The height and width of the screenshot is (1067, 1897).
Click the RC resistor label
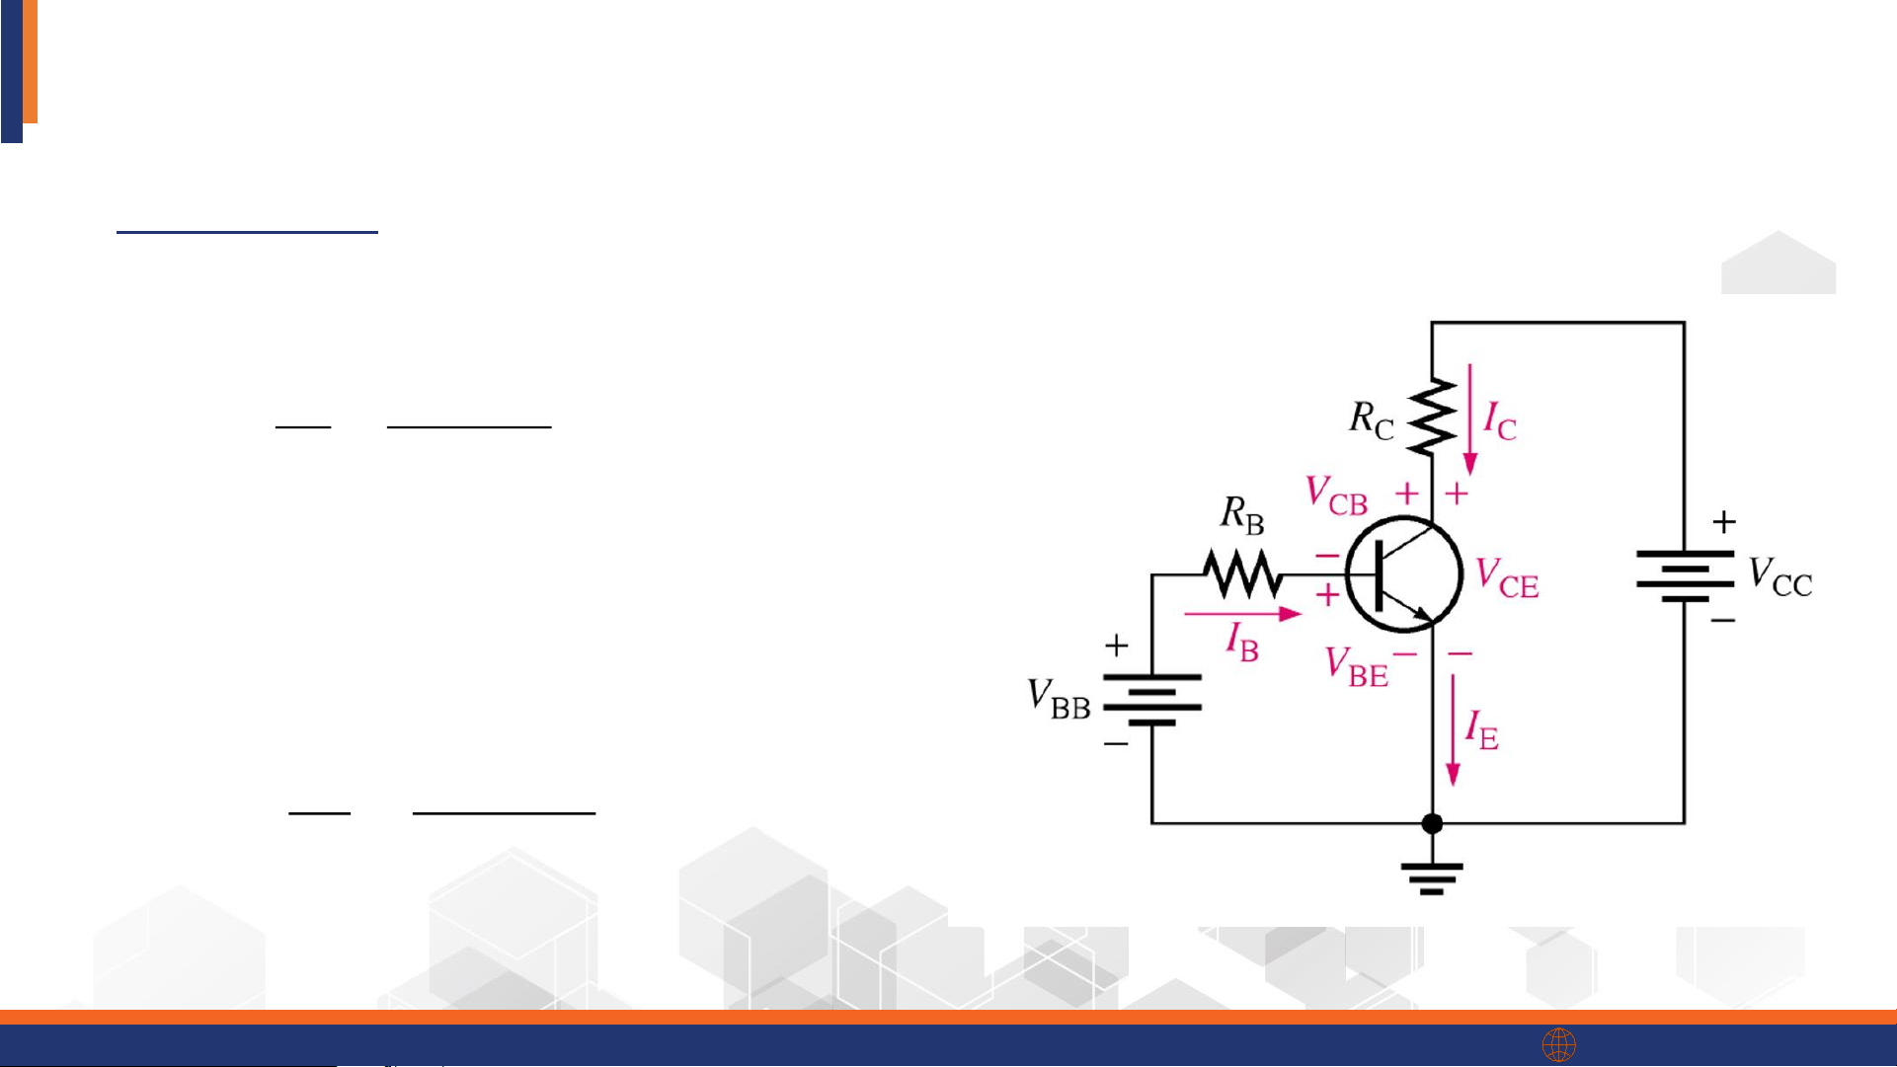(1372, 419)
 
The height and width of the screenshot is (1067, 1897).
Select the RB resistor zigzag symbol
(1242, 574)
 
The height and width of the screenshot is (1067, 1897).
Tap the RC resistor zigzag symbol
(1432, 418)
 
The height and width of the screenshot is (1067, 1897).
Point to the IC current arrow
(1469, 419)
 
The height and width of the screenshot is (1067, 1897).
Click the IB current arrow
(1242, 614)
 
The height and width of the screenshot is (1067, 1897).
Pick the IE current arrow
(1453, 730)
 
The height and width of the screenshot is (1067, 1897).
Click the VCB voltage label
(1336, 495)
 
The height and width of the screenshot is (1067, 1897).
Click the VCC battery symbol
(1685, 576)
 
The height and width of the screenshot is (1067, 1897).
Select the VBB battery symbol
(1151, 700)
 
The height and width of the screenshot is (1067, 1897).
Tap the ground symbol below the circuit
(1432, 877)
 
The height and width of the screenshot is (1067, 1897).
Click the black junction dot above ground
(1432, 823)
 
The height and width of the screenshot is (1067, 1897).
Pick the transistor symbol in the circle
(1404, 574)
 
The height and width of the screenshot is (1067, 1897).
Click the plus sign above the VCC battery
(1723, 521)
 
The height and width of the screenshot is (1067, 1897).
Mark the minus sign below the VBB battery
(1116, 743)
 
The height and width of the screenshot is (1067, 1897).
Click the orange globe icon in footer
(1558, 1045)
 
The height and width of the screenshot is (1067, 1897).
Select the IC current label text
(1500, 422)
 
